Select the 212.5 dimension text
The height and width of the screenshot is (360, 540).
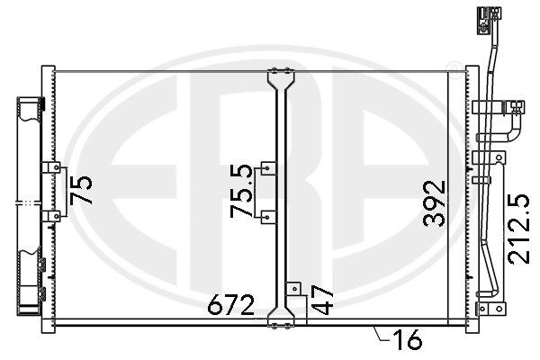click(517, 229)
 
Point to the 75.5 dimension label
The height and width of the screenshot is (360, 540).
click(240, 191)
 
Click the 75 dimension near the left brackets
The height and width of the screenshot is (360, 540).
click(82, 191)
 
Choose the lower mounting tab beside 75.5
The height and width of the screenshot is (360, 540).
click(267, 216)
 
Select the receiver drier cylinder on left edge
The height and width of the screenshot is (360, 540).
click(29, 202)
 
